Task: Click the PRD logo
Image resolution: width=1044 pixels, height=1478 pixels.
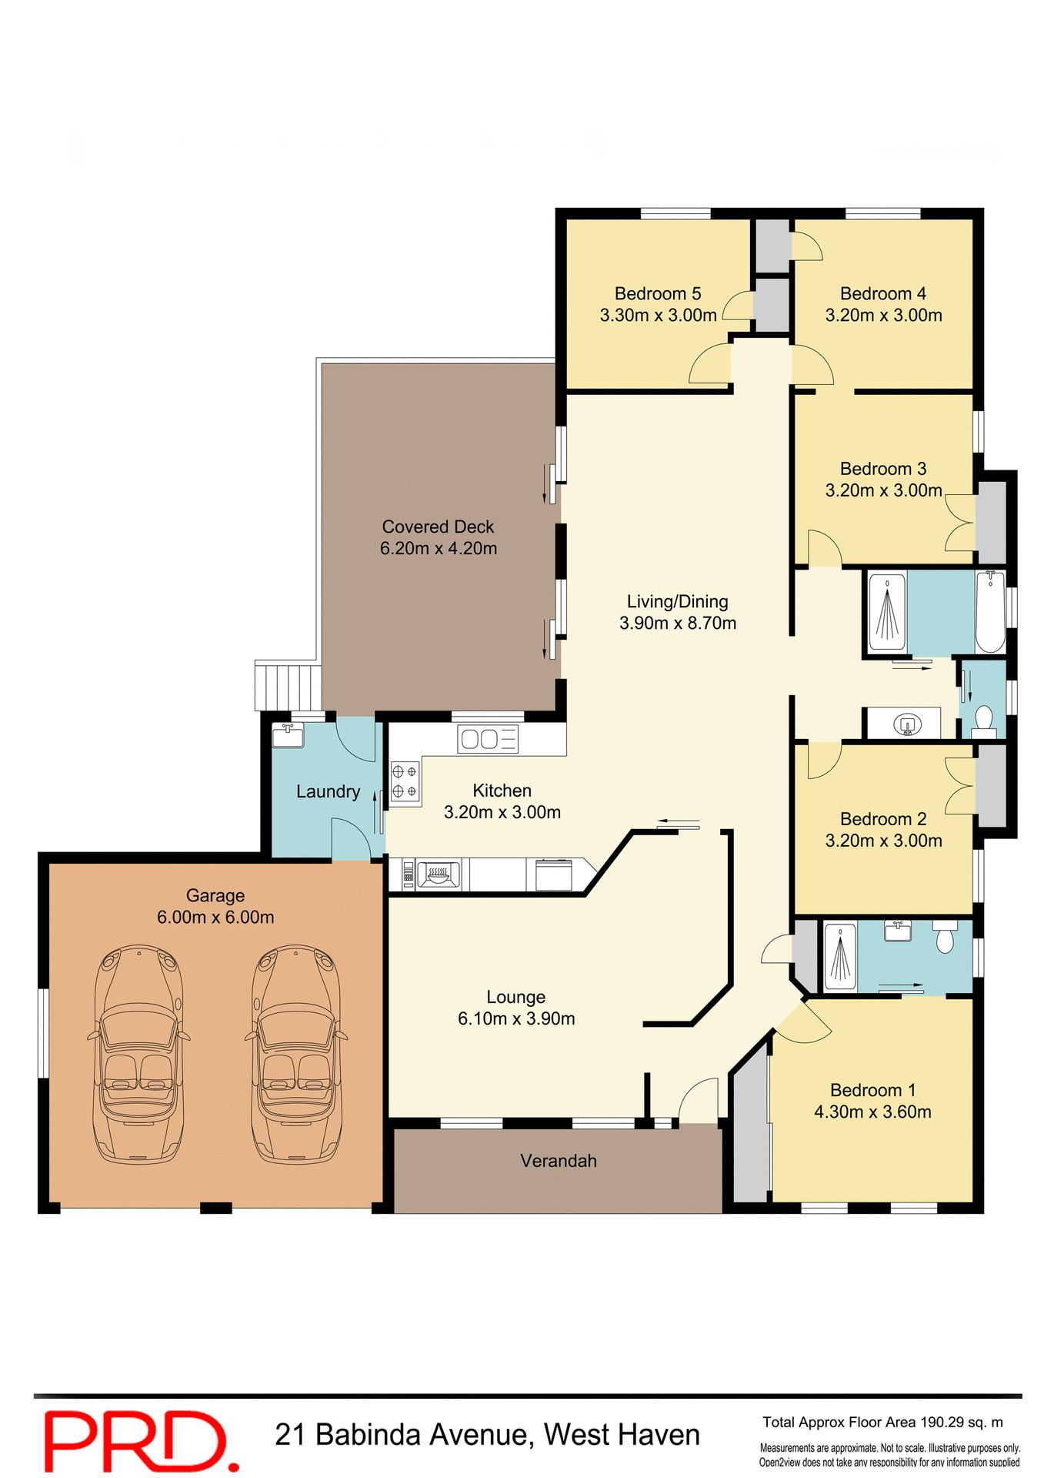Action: (x=140, y=1440)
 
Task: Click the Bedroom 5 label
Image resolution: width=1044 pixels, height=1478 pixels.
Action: (x=658, y=293)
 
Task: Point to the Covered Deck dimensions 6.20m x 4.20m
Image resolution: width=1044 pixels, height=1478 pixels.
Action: (x=439, y=548)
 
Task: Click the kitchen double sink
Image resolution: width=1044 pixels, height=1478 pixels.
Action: (x=488, y=739)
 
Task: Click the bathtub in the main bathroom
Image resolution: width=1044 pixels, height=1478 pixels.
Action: (x=990, y=612)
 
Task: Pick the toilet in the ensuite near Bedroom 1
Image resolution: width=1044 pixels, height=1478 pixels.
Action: (x=945, y=938)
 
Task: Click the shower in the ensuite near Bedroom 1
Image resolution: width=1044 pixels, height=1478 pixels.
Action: (x=840, y=957)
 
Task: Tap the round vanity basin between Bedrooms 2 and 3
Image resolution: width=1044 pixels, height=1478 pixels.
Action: (x=908, y=724)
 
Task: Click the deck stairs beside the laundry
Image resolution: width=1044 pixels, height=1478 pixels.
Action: (x=289, y=687)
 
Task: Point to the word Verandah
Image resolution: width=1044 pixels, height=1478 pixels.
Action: (x=558, y=1160)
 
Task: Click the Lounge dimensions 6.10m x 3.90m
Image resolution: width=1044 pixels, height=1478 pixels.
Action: (x=516, y=1018)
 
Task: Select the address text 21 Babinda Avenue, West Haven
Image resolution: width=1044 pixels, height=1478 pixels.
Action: (x=487, y=1435)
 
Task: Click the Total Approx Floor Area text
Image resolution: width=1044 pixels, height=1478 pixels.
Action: (x=882, y=1422)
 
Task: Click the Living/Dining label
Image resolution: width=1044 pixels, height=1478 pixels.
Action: (x=677, y=601)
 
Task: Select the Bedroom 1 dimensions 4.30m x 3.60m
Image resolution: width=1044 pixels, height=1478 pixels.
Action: (x=872, y=1112)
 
